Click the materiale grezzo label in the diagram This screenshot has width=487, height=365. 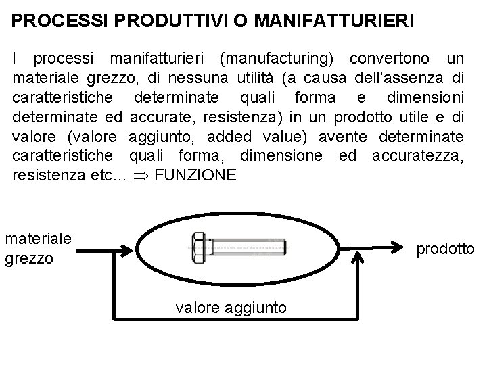coord(38,247)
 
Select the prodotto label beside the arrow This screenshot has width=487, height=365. coord(445,250)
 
